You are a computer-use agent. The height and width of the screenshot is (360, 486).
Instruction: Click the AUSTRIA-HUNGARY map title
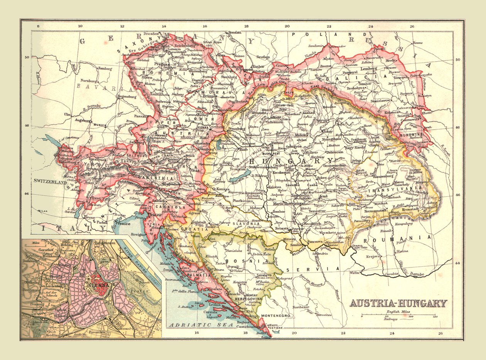tap(398, 303)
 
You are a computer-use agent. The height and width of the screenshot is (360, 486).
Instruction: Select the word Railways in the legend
tap(391, 319)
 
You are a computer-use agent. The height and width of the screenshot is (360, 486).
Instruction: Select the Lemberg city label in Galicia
tap(368, 69)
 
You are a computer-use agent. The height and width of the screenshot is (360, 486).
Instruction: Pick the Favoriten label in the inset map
tap(97, 332)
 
